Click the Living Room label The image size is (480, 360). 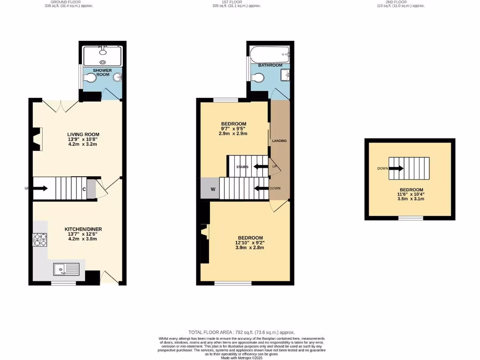pyautogui.click(x=83, y=135)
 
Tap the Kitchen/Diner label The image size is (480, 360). pyautogui.click(x=83, y=229)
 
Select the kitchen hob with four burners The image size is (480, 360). pyautogui.click(x=40, y=240)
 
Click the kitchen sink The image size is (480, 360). pyautogui.click(x=66, y=269)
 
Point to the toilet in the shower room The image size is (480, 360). pyautogui.click(x=90, y=78)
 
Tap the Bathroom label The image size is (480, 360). pyautogui.click(x=270, y=65)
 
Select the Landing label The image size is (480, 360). pyautogui.click(x=279, y=141)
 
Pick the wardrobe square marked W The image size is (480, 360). pyautogui.click(x=210, y=189)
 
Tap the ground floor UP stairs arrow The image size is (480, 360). pyautogui.click(x=40, y=188)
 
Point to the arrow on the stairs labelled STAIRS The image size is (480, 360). pyautogui.click(x=259, y=166)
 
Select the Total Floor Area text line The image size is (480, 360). pyautogui.click(x=241, y=332)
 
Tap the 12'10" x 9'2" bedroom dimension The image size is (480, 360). pyautogui.click(x=249, y=243)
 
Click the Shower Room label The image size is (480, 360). pyautogui.click(x=102, y=73)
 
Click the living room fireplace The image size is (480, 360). pyautogui.click(x=37, y=139)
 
